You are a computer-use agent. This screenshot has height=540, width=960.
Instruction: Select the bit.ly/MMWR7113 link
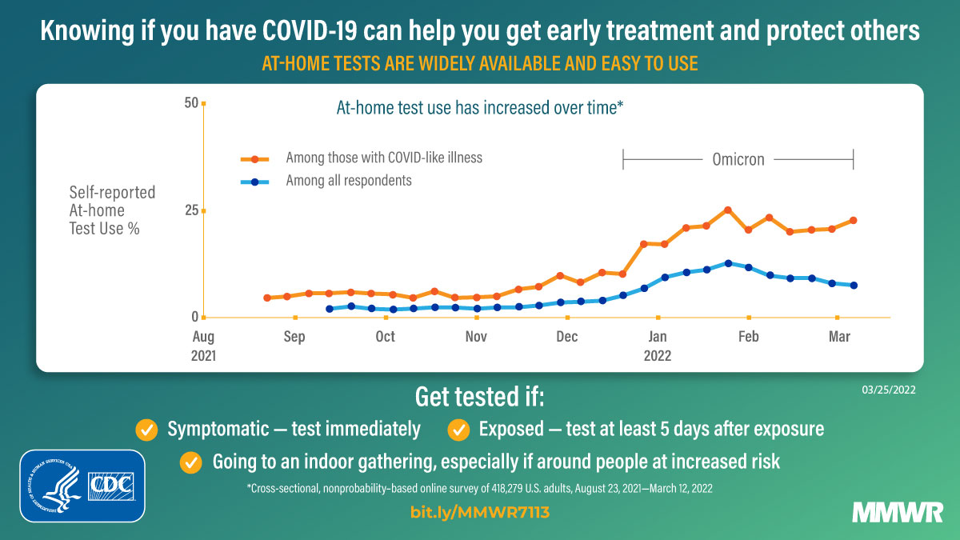[x=480, y=513]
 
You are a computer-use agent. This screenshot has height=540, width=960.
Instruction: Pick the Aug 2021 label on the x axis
[x=204, y=345]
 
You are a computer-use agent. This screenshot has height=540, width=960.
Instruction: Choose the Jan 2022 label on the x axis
[x=658, y=345]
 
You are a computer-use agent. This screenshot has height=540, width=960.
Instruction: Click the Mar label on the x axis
[x=838, y=337]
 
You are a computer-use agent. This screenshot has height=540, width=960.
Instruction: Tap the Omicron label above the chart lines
[x=738, y=159]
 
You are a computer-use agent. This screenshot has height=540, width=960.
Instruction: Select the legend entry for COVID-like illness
[x=384, y=158]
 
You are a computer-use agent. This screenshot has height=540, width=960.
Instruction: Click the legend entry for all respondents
[x=349, y=181]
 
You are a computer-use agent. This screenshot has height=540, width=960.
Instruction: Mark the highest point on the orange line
[x=727, y=210]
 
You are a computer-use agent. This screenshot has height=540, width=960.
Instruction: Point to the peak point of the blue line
[x=727, y=262]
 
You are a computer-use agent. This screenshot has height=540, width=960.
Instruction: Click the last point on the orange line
[x=854, y=220]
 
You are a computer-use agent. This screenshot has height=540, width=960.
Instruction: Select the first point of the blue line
[x=330, y=309]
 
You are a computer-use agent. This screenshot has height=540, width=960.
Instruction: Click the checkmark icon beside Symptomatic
[x=146, y=429]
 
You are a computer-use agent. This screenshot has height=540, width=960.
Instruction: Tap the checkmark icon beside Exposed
[x=458, y=429]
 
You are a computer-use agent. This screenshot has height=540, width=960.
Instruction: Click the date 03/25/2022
[x=888, y=390]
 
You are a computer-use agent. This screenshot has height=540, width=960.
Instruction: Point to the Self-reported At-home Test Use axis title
[x=112, y=210]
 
